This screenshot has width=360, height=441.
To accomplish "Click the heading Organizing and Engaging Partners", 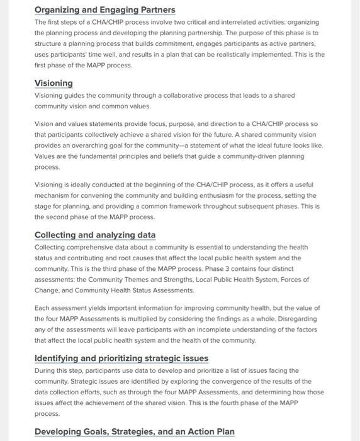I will (104, 10).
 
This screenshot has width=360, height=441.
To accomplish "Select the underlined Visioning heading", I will (53, 84).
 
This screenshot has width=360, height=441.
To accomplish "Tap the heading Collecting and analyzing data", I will (94, 236).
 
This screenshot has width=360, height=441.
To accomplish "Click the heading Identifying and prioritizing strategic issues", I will (121, 358).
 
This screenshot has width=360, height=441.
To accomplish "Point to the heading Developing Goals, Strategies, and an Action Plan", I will (134, 432).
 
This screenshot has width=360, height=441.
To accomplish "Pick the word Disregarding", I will (294, 319).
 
